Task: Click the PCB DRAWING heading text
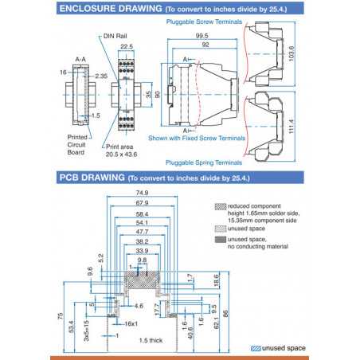[87, 178]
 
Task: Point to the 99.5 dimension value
[202, 37]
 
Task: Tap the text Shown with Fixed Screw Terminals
[195, 137]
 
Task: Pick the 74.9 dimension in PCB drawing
[142, 193]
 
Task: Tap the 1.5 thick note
[151, 340]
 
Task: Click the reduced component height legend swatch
[221, 205]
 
